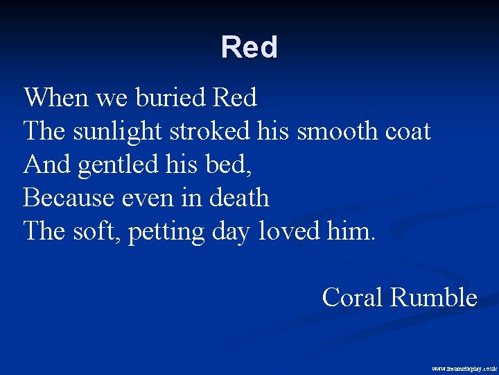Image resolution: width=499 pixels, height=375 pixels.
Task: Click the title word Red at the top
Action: (x=249, y=47)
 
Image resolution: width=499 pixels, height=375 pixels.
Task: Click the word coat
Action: (x=409, y=131)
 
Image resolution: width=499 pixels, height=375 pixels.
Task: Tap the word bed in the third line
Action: (x=207, y=165)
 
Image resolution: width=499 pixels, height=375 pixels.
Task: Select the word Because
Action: (x=67, y=198)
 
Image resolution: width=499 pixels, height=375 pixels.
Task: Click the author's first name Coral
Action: (x=353, y=298)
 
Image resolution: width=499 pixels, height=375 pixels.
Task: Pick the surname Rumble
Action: (x=434, y=298)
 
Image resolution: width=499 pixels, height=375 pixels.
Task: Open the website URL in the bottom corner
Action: (x=464, y=368)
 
